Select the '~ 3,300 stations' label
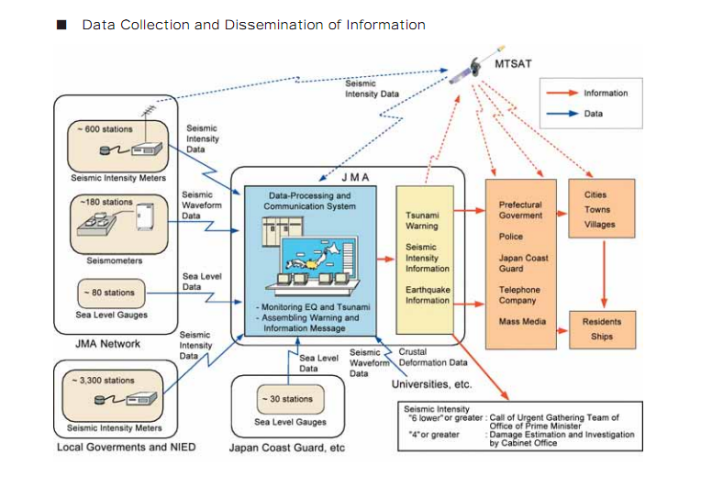[x=103, y=380]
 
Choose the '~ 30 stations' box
[x=286, y=399]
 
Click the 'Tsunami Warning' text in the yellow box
[x=422, y=220]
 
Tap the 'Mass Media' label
[x=522, y=322]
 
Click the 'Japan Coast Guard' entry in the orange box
[x=524, y=263]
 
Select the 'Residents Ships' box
[x=602, y=329]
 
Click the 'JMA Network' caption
[x=108, y=344]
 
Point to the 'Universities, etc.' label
[x=432, y=384]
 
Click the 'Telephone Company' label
[x=519, y=295]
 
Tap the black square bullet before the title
[x=62, y=25]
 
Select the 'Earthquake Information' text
[x=428, y=295]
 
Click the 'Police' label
[x=511, y=237]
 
